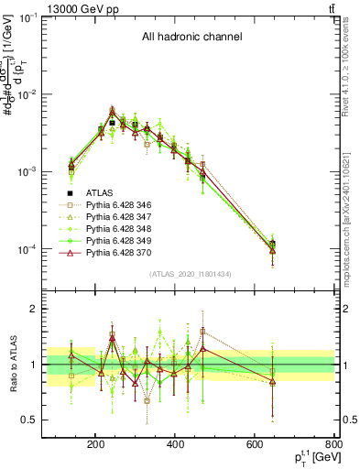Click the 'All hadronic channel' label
191,38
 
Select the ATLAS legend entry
101,192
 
